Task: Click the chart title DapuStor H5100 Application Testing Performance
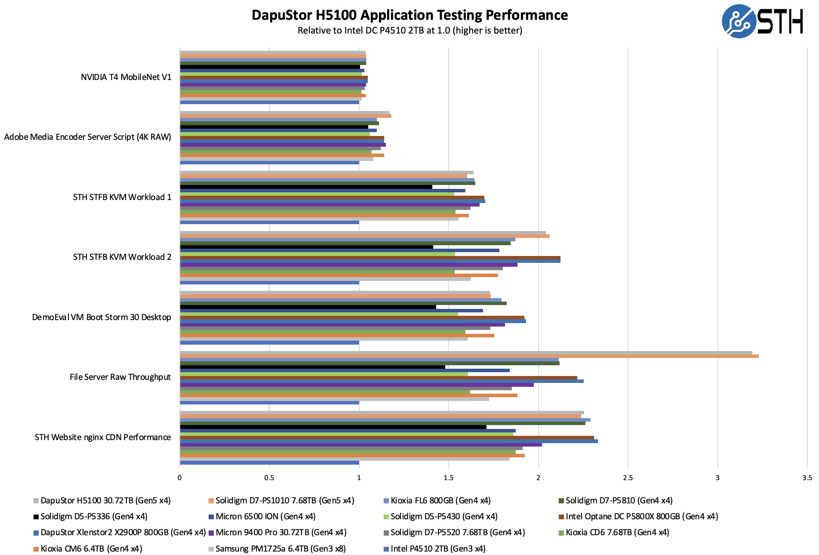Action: (409, 15)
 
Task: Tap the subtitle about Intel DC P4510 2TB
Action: (409, 31)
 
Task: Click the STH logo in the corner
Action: (762, 21)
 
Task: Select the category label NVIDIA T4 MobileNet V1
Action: (126, 77)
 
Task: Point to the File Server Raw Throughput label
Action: (120, 377)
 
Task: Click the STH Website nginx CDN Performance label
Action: (103, 437)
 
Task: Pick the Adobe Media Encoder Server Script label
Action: (87, 137)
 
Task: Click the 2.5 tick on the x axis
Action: (628, 478)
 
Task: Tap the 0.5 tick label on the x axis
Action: (269, 478)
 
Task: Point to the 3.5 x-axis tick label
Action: (807, 478)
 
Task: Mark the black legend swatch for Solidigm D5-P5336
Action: (37, 517)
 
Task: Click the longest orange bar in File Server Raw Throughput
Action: (469, 356)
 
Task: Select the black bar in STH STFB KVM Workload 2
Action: (306, 247)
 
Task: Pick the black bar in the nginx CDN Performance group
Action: (333, 427)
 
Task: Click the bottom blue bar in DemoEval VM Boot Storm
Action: (269, 343)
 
